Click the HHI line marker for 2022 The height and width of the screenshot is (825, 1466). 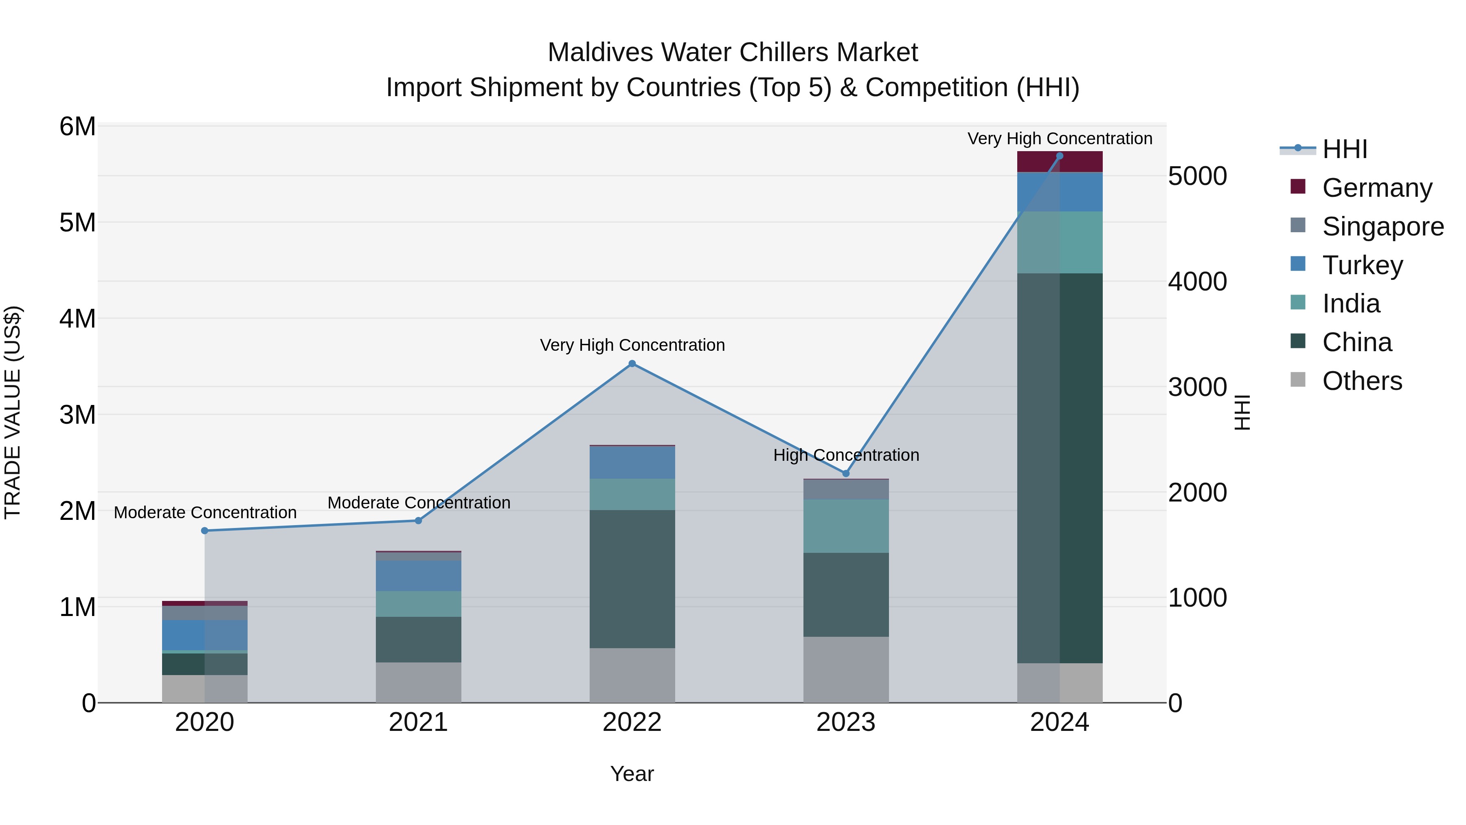coord(632,363)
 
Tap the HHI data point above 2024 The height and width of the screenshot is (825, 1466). coord(1059,156)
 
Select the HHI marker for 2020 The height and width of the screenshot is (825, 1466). coord(205,530)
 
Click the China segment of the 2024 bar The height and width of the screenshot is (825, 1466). coord(1060,467)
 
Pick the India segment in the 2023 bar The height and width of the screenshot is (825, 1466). coord(846,526)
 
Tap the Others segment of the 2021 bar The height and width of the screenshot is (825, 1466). coord(418,682)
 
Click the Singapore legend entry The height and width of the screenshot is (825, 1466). coord(1383,226)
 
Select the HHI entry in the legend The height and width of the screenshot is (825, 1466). coord(1344,149)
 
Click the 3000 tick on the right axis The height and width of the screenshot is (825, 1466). coord(1197,387)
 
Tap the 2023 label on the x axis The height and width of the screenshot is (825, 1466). coord(846,722)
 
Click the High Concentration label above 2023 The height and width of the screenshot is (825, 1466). coord(846,455)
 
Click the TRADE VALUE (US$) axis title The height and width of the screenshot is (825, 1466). coord(13,412)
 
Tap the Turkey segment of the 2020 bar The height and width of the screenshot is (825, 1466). coord(205,634)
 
